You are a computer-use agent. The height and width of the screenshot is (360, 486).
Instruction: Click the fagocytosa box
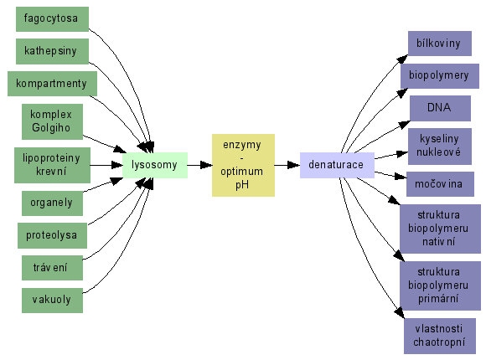click(x=52, y=19)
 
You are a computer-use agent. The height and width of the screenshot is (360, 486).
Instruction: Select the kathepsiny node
click(x=52, y=51)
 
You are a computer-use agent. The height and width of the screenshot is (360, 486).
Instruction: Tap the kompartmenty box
click(x=52, y=84)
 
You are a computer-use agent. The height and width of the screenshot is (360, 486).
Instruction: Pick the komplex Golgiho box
click(x=52, y=121)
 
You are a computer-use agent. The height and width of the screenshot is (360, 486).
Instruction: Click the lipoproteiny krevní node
click(x=52, y=165)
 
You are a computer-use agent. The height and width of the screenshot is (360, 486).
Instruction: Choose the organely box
click(x=52, y=203)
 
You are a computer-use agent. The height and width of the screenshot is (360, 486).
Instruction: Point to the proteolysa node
click(x=52, y=235)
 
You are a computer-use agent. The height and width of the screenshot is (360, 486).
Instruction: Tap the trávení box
click(x=52, y=268)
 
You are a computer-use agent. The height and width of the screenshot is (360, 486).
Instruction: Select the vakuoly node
click(x=52, y=301)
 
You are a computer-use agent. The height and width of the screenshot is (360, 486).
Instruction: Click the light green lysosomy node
click(x=155, y=165)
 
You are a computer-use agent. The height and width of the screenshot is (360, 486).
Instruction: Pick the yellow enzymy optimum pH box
click(x=243, y=165)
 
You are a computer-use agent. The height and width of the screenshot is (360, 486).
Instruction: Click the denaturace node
click(x=337, y=165)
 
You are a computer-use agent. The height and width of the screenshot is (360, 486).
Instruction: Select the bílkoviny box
click(x=440, y=44)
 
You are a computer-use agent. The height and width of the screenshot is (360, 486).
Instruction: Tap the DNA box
click(x=440, y=108)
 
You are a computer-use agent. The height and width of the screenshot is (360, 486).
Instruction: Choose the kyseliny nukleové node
click(x=440, y=147)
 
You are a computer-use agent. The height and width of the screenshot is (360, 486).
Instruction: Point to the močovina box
click(x=440, y=184)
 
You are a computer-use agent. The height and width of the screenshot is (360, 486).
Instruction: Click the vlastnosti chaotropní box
click(x=440, y=336)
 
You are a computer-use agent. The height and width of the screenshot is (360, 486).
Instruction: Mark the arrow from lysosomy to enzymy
click(x=200, y=165)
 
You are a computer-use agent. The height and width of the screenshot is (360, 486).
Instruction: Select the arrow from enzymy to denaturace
click(x=287, y=165)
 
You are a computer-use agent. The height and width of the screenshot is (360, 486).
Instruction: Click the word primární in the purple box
click(x=438, y=299)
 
